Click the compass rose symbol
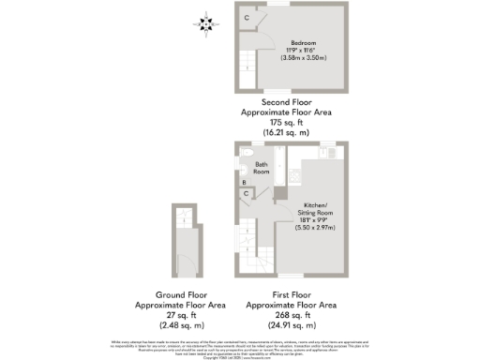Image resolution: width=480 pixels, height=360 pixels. (207, 22)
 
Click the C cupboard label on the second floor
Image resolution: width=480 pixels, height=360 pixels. (247, 19)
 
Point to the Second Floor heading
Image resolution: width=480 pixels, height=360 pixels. (286, 101)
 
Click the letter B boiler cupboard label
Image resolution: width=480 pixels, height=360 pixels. (245, 183)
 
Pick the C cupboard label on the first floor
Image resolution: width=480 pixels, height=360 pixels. (247, 194)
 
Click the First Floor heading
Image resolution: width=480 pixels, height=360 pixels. (291, 295)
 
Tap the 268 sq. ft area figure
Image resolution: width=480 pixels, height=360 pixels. (291, 315)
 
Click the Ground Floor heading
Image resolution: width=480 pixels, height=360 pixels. (179, 295)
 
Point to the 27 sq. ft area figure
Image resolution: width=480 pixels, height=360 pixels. (179, 315)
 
